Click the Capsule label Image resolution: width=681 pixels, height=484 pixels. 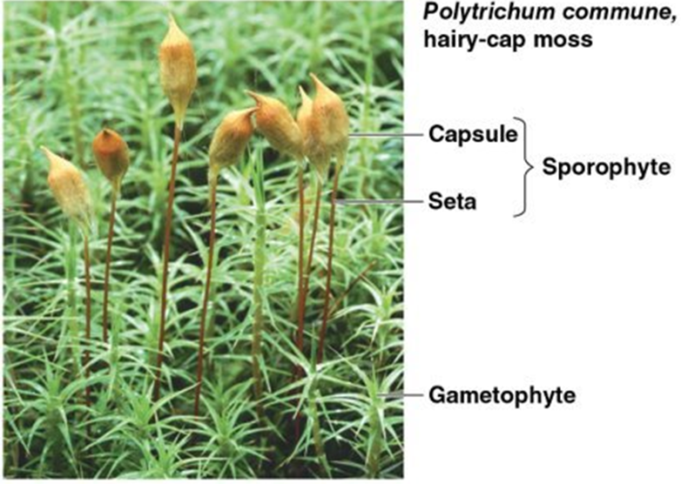tap(474, 135)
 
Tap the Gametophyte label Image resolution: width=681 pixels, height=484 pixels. tap(502, 396)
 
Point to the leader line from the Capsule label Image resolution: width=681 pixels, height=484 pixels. tap(383, 135)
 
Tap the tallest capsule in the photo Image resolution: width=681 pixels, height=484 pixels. tap(178, 70)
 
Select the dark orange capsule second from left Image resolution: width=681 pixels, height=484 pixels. tap(111, 155)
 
